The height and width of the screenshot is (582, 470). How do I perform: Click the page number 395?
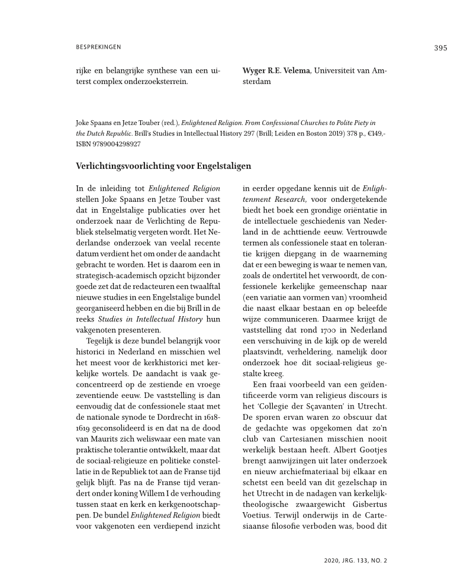440,48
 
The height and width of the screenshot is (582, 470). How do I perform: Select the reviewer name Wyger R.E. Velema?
276,71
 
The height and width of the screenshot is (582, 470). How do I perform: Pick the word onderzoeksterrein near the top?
150,82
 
